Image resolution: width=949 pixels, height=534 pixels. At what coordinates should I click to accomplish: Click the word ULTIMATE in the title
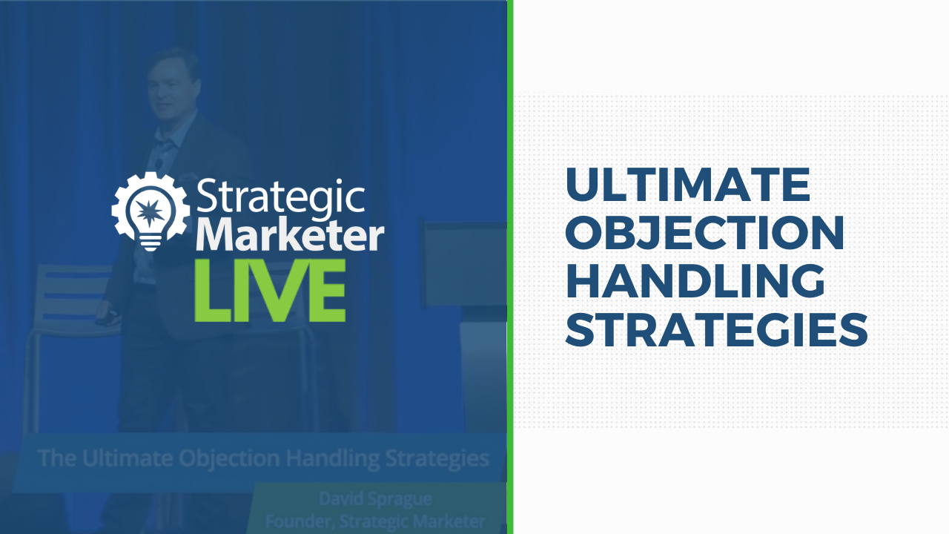(688, 185)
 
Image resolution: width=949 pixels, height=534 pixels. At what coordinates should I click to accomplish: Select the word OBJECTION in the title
(705, 232)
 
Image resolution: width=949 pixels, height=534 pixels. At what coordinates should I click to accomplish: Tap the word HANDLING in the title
(695, 280)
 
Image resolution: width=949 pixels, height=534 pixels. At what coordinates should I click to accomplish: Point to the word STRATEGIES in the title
(716, 329)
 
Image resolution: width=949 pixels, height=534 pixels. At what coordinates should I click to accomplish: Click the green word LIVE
(271, 291)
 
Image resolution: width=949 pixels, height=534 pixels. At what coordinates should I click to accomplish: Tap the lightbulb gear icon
(151, 211)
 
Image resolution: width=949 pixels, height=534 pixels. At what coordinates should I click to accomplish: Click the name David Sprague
(375, 499)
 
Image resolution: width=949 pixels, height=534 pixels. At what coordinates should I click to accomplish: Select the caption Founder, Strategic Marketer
(375, 521)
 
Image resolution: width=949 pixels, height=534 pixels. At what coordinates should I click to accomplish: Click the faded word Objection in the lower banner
(229, 458)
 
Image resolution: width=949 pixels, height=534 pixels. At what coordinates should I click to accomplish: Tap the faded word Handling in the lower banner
(333, 458)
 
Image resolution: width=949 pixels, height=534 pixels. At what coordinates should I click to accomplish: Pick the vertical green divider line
(510, 267)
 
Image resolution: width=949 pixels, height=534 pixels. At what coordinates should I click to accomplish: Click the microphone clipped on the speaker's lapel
(159, 163)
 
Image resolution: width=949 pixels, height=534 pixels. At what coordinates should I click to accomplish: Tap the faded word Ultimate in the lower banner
(127, 458)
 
